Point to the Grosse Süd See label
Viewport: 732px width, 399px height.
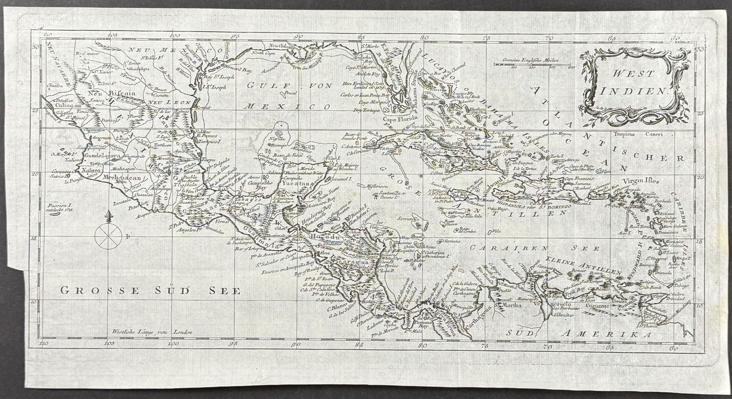(x=151, y=291)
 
